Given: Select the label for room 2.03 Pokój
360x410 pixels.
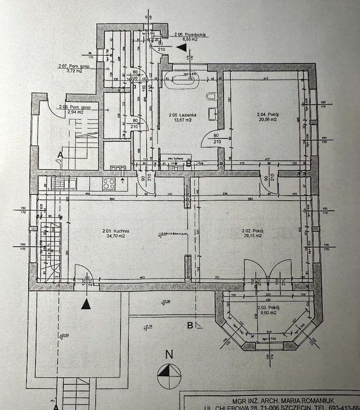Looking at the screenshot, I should click(269, 307).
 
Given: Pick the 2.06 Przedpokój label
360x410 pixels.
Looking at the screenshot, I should click(191, 35).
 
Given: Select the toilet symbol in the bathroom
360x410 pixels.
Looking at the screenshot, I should click(212, 97).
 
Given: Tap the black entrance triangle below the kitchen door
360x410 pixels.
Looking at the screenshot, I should click(85, 304).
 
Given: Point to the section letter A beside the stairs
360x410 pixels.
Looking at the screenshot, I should click(60, 155).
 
